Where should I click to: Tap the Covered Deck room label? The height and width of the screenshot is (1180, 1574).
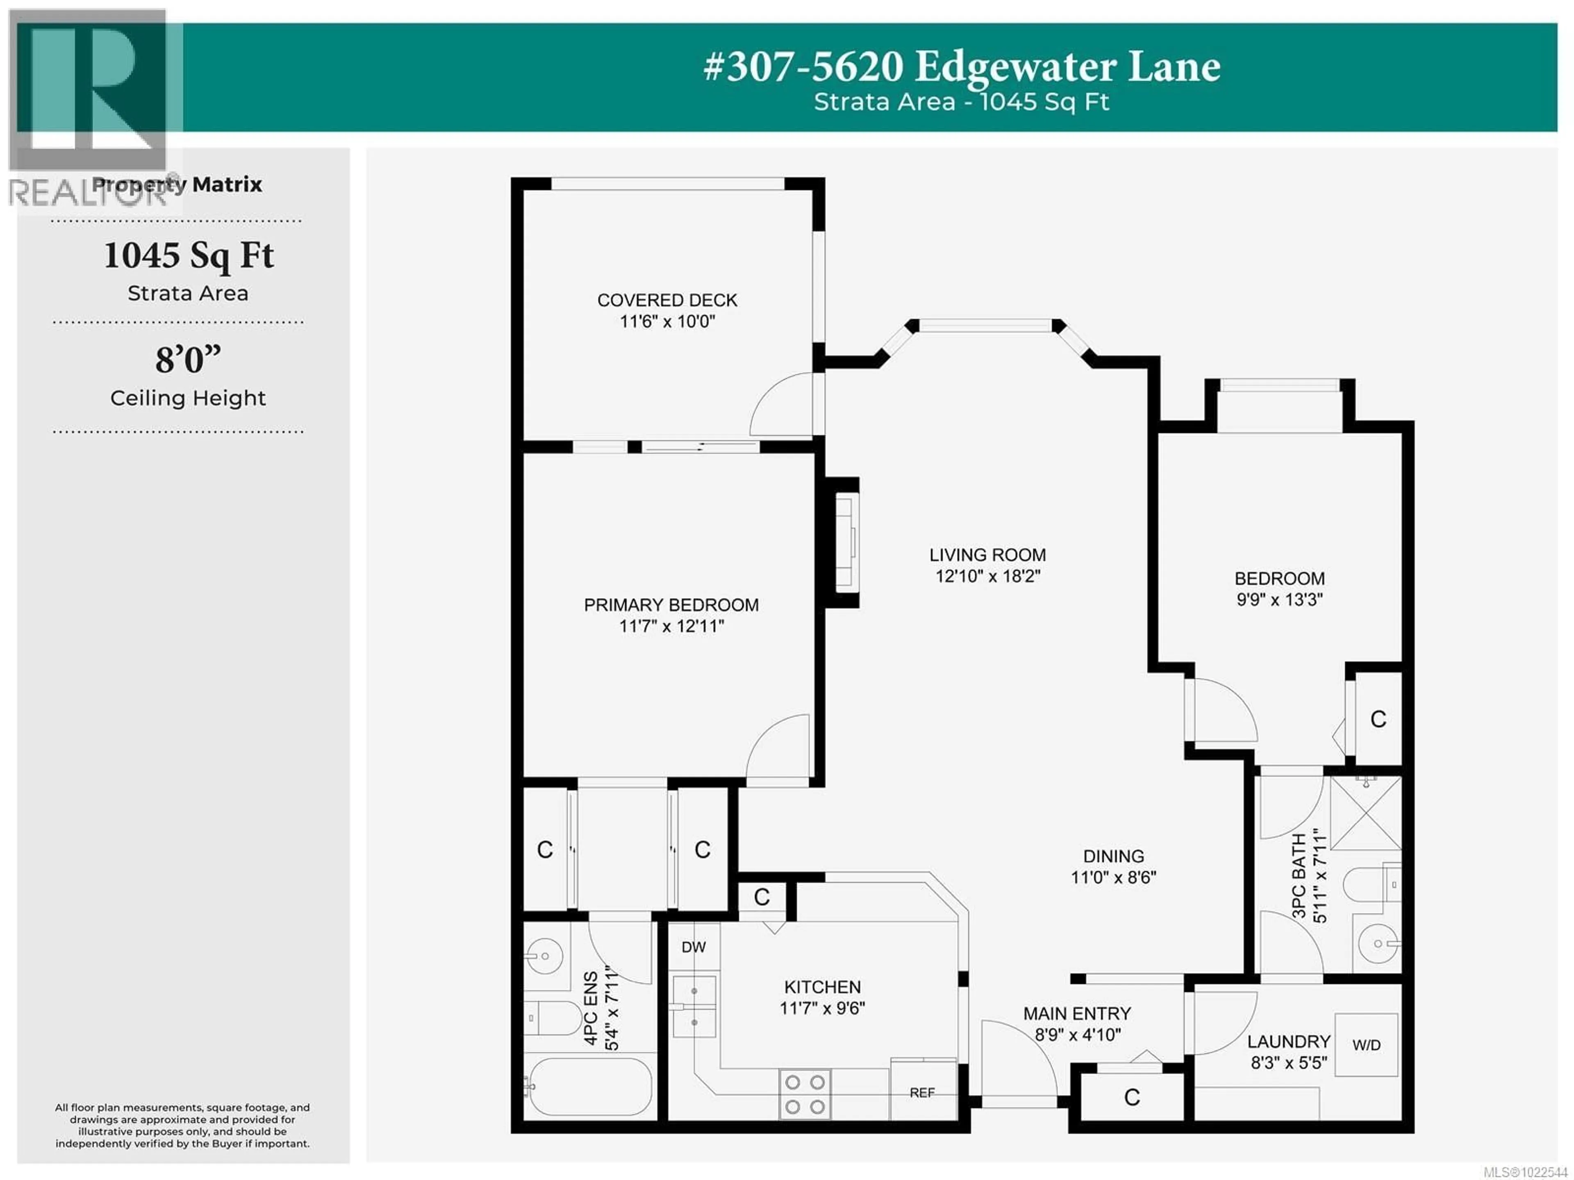[667, 301]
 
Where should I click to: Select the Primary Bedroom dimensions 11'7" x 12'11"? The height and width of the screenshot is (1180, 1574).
[671, 626]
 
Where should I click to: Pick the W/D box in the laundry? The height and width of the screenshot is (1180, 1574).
[1365, 1045]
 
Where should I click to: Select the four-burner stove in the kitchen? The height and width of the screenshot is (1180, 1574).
[805, 1094]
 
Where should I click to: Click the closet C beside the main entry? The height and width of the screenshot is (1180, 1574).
[1131, 1098]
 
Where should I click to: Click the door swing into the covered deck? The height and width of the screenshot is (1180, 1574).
[783, 405]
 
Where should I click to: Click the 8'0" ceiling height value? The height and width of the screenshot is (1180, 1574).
[188, 360]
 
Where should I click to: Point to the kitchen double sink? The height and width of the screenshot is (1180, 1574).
[694, 1006]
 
